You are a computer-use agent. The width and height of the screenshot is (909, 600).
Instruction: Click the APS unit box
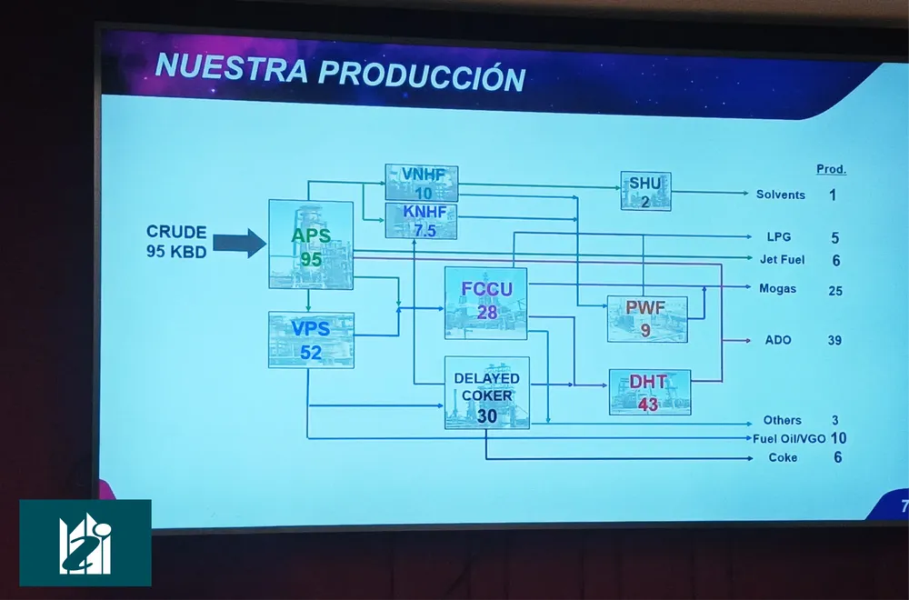point(311,244)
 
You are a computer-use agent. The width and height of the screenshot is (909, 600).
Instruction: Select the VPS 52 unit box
point(311,340)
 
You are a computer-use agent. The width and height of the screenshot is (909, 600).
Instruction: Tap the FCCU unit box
point(485,304)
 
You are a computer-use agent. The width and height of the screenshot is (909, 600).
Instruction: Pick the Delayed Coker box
point(487,393)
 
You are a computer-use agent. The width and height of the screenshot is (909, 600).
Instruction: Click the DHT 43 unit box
point(650,392)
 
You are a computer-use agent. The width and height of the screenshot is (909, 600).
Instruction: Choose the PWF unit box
point(647,319)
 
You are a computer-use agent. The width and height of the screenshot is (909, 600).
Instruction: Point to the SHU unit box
point(645,191)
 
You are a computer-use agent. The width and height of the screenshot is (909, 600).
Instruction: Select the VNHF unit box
point(422,184)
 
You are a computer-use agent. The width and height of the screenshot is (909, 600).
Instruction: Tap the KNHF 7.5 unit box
point(422,221)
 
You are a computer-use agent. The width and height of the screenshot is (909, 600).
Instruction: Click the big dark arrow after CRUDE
point(239,243)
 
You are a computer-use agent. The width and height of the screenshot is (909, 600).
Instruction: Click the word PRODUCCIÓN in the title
point(422,75)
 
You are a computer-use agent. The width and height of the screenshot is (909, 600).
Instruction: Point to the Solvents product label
point(780,195)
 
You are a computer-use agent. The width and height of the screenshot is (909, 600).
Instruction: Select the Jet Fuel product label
point(782,260)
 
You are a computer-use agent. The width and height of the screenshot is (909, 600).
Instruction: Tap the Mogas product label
point(777,289)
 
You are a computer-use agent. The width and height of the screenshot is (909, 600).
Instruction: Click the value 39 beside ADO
point(834,340)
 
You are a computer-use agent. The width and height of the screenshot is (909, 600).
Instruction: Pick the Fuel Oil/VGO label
point(789,439)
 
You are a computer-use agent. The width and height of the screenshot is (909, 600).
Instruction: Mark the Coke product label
point(783,457)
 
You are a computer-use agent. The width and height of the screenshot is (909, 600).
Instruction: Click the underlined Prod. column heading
point(832,169)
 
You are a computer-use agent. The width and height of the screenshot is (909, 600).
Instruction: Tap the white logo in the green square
point(85,544)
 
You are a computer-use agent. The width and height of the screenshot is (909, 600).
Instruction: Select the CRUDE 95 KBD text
point(177,242)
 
